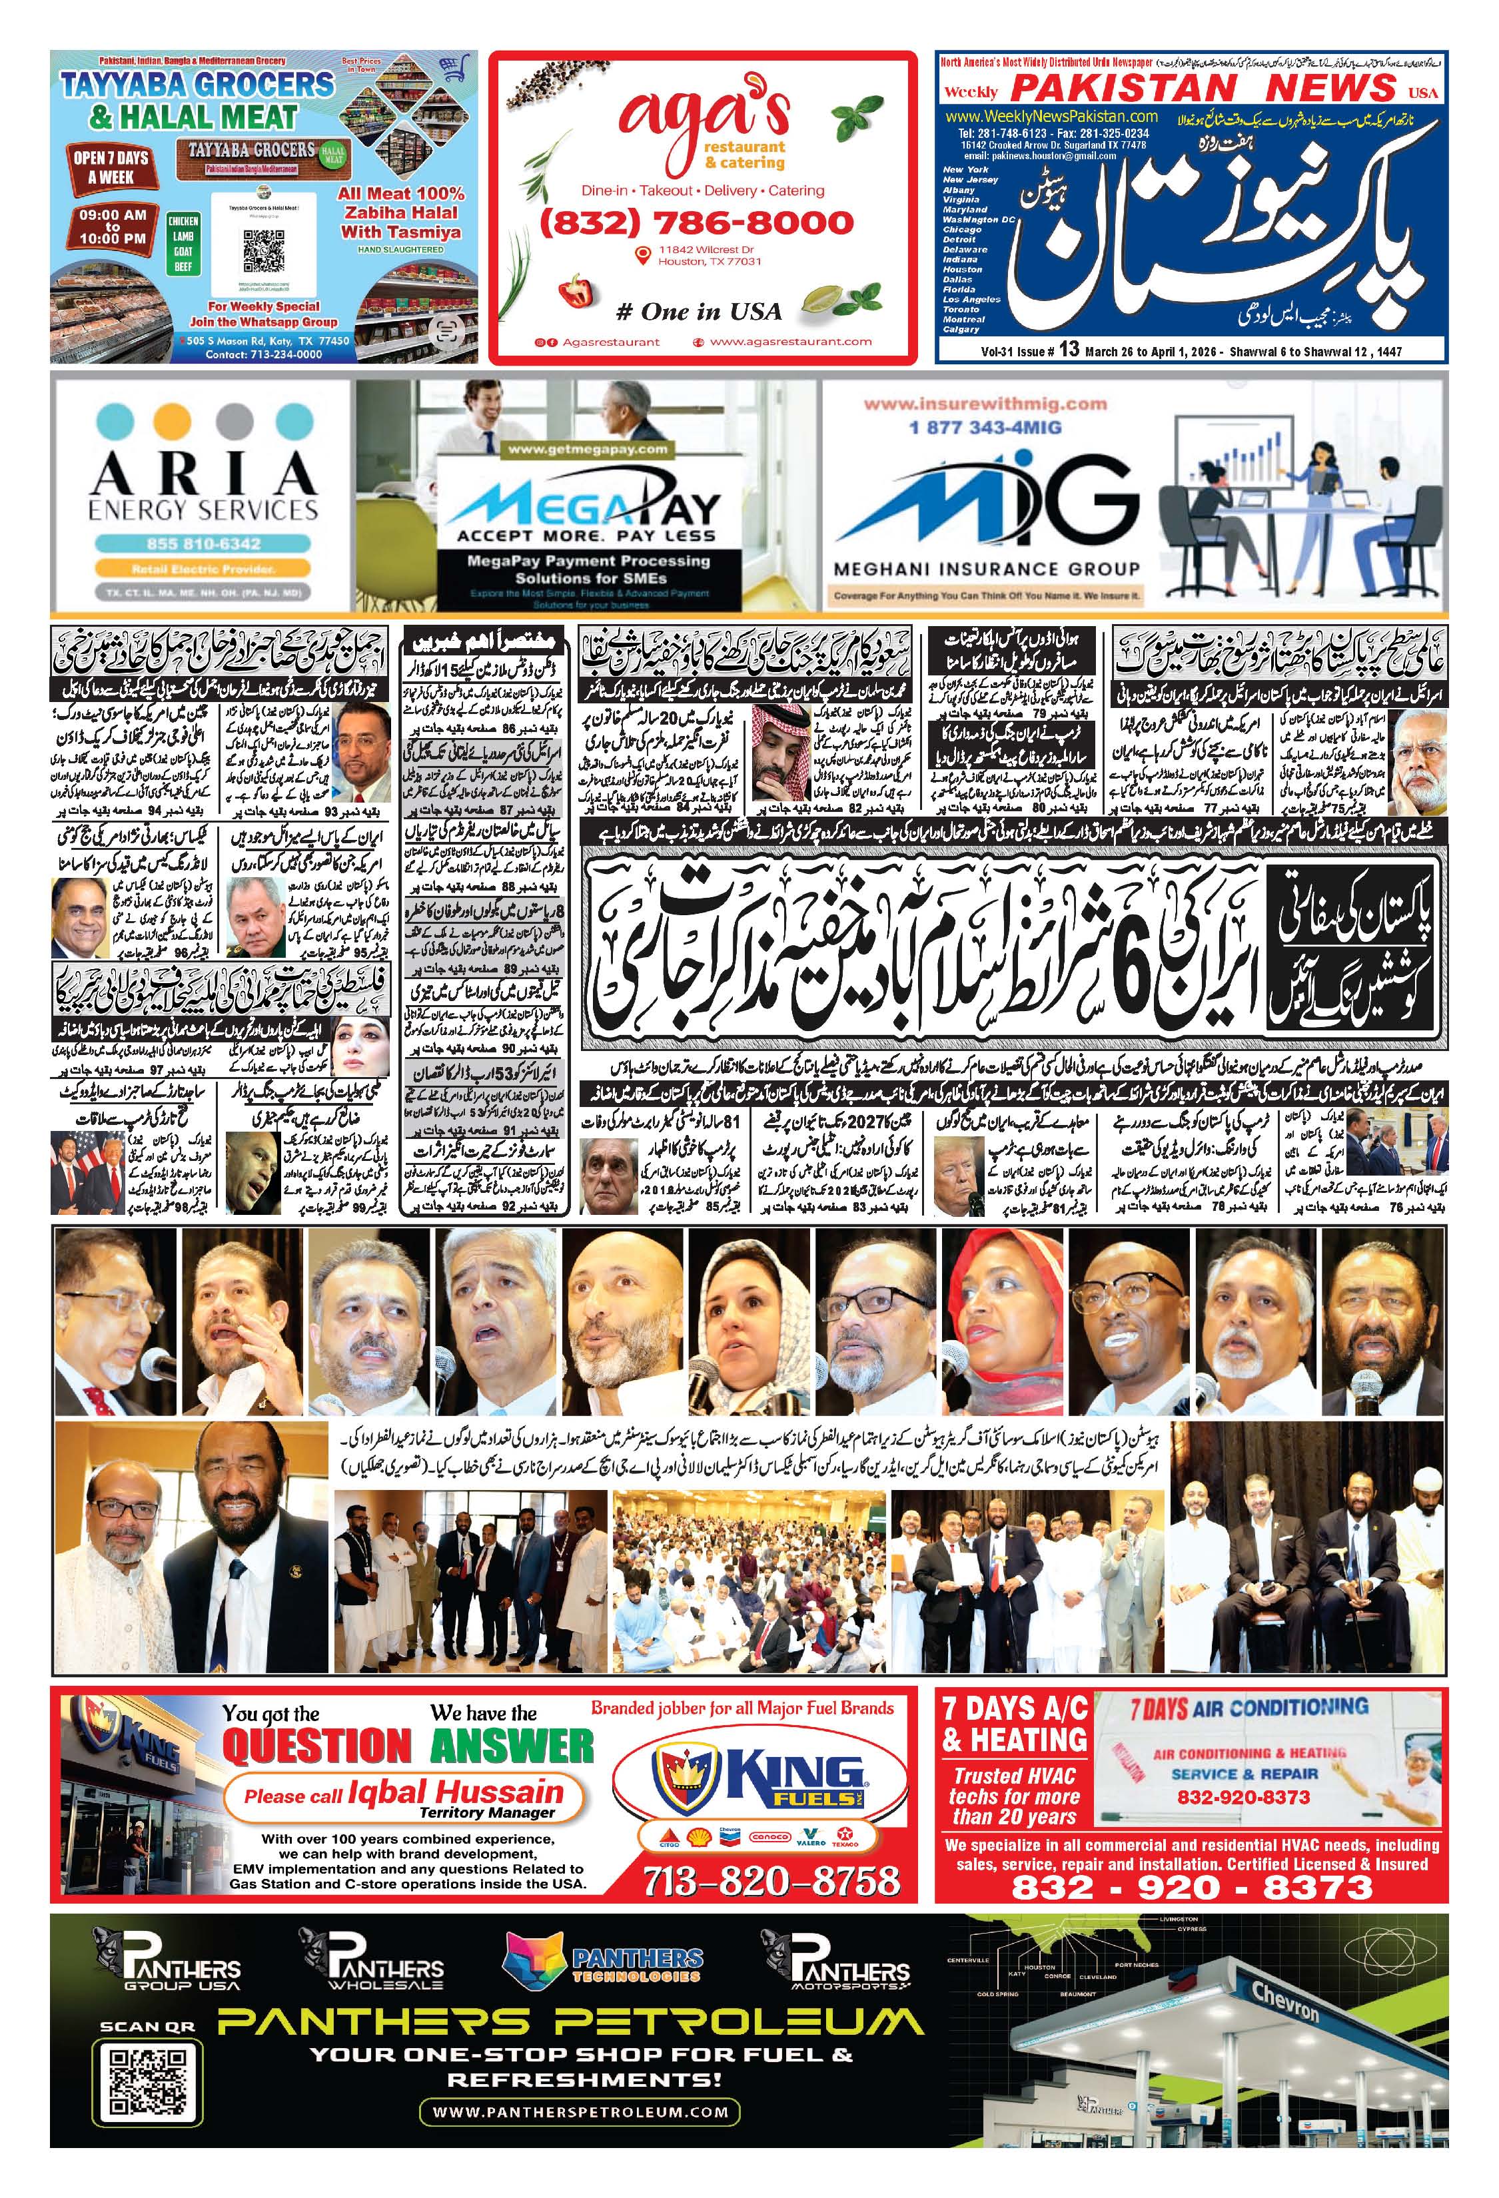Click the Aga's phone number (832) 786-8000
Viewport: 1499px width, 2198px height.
pos(696,223)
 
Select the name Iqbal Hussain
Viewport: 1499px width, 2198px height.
pos(455,1791)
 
